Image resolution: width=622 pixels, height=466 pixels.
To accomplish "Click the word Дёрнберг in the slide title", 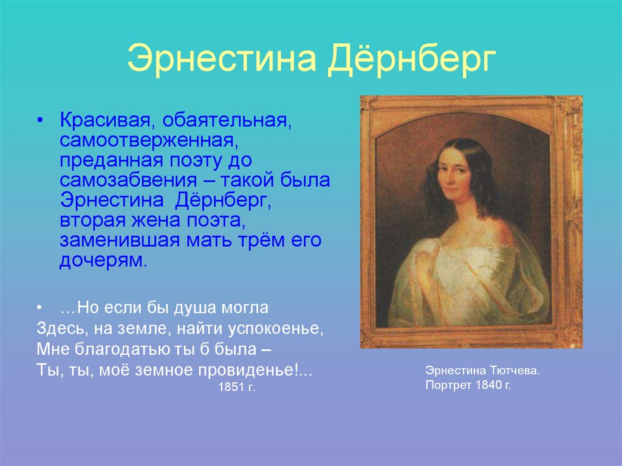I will pyautogui.click(x=412, y=61).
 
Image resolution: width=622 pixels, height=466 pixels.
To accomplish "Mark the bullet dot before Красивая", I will pyautogui.click(x=39, y=120).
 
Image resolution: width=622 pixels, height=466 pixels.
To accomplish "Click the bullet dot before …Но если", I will pyautogui.click(x=39, y=308).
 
